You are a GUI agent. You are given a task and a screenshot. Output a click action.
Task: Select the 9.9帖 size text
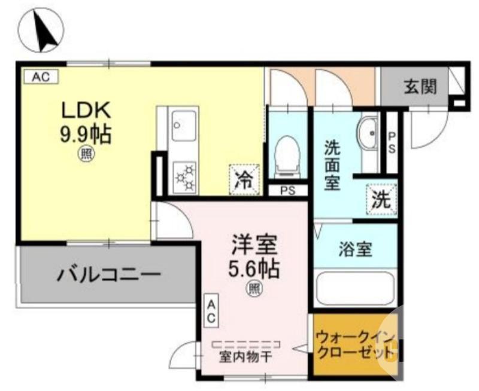point(85,135)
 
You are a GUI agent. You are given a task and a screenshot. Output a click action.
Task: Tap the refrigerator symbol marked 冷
point(244,178)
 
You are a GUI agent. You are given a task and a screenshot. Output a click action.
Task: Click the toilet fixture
point(286,155)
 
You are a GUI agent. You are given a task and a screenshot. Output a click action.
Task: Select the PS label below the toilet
point(288,191)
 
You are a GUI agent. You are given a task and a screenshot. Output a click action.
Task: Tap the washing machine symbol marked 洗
point(381,200)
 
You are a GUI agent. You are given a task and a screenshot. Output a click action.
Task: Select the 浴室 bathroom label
point(354,249)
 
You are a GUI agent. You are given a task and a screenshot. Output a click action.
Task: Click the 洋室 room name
point(254,246)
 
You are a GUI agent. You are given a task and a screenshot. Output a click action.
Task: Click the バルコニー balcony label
point(109,276)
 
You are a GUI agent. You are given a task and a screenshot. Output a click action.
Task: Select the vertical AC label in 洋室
point(211,312)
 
